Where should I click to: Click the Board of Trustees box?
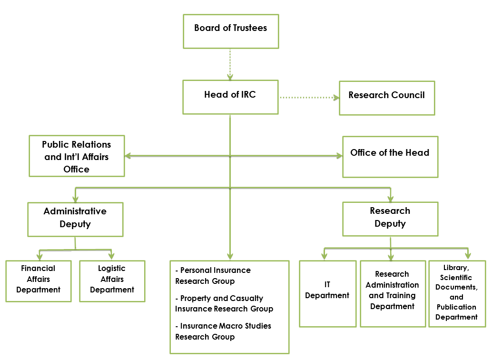click(x=231, y=31)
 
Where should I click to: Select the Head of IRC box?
click(x=230, y=97)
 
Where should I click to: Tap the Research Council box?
click(x=386, y=98)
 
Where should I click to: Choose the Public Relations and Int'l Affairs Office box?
click(x=77, y=156)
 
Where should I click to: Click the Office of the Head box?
click(x=390, y=157)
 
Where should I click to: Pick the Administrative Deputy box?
click(x=75, y=219)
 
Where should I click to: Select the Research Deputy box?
click(x=390, y=219)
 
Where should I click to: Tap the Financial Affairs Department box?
click(x=39, y=281)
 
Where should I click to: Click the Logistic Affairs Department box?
click(x=112, y=281)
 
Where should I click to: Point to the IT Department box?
click(x=327, y=293)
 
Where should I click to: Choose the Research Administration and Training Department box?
click(x=393, y=293)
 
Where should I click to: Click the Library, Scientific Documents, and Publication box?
click(x=457, y=293)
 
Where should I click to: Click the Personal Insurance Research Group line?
click(x=213, y=276)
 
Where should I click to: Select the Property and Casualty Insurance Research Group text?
click(x=224, y=303)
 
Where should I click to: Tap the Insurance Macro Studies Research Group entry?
click(x=223, y=331)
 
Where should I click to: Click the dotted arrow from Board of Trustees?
click(x=230, y=64)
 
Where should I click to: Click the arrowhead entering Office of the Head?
click(x=339, y=156)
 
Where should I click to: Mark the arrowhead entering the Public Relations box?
click(x=128, y=155)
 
